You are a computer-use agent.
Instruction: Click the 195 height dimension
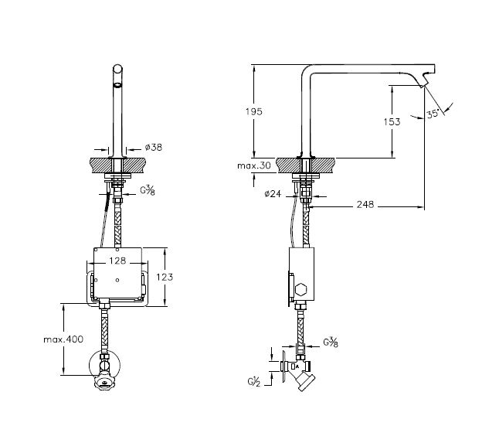(254, 111)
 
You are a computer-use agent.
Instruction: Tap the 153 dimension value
(392, 121)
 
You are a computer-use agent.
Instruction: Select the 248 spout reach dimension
(365, 204)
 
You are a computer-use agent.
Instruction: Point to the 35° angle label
(433, 114)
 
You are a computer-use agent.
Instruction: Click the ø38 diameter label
(154, 147)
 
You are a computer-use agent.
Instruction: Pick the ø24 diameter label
(273, 193)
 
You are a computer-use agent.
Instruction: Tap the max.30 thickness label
(254, 165)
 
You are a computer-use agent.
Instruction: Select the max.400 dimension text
(63, 339)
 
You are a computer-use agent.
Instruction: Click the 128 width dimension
(117, 261)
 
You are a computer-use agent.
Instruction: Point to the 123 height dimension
(165, 278)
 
